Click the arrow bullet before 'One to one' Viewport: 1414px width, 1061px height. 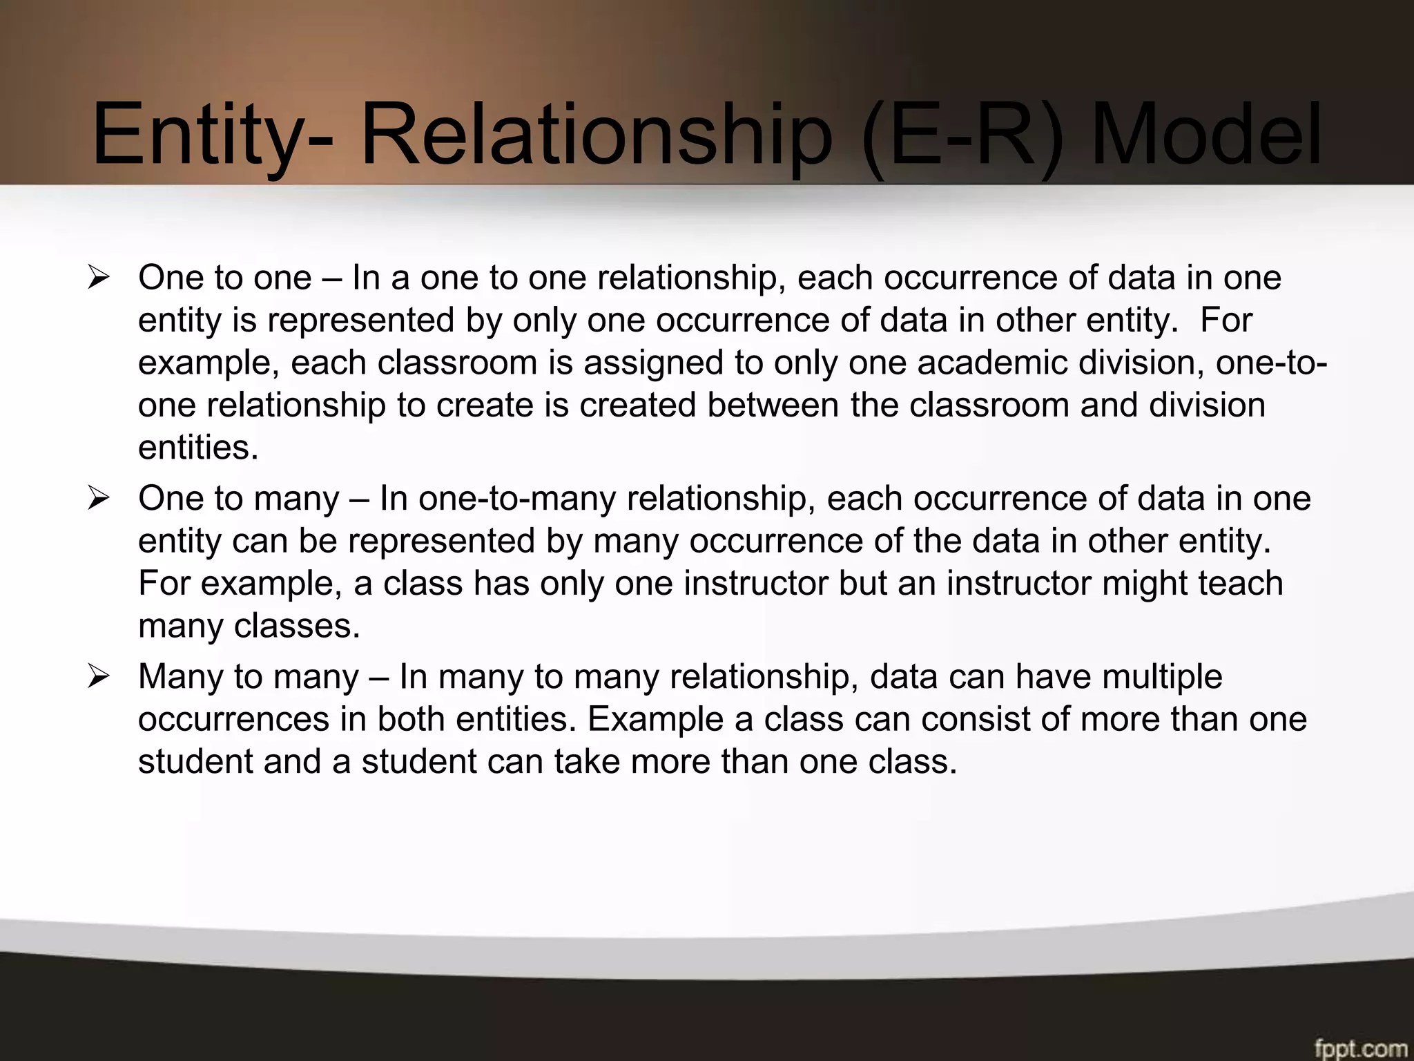pyautogui.click(x=99, y=278)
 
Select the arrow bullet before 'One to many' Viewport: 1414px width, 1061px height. pyautogui.click(x=99, y=499)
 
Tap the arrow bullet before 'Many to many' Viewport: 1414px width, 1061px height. pyautogui.click(x=99, y=676)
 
